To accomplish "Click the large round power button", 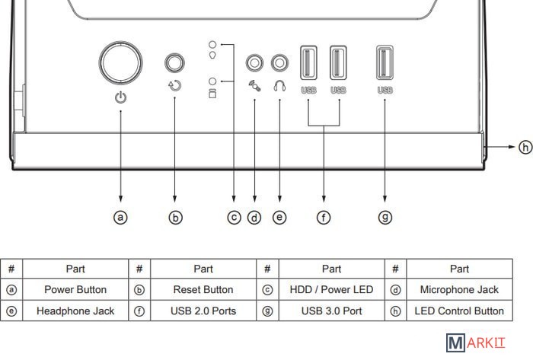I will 120,61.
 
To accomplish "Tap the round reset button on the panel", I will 177,62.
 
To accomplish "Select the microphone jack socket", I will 255,62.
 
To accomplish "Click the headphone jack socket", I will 279,62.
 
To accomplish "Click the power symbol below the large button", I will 120,97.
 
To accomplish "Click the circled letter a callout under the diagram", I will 120,217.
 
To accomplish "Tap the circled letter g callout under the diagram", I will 385,217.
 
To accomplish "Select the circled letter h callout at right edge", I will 525,147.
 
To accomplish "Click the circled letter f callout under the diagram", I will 324,217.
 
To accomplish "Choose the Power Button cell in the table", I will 75,290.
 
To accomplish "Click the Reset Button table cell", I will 203,290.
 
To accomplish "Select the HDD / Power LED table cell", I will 331,290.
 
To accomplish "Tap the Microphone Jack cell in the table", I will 459,290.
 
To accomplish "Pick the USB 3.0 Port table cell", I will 331,311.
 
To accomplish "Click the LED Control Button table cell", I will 459,311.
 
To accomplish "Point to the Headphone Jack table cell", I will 75,311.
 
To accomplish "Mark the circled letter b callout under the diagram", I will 176,217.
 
